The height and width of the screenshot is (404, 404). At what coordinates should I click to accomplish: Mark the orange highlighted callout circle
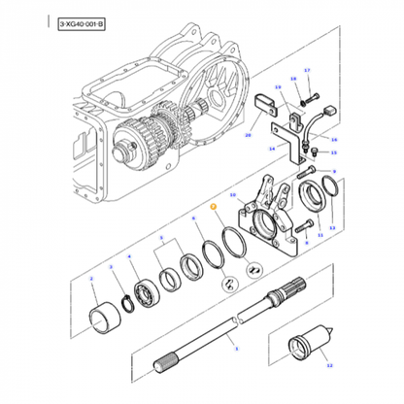point(214,208)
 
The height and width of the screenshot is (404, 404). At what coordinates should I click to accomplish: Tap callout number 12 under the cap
point(328,365)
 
